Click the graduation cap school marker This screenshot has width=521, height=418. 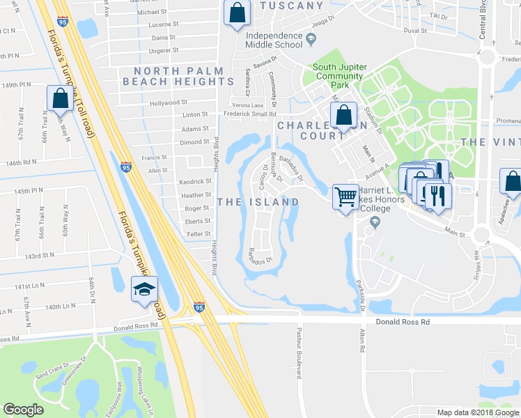pyautogui.click(x=144, y=290)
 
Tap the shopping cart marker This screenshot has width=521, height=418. pyautogui.click(x=345, y=197)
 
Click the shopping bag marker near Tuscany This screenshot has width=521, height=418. pyautogui.click(x=237, y=13)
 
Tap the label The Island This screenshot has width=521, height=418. pyautogui.click(x=258, y=202)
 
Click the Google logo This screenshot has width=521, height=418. pyautogui.click(x=24, y=410)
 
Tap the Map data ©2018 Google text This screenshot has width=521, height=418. pyautogui.click(x=477, y=412)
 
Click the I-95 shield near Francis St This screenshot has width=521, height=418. pyautogui.click(x=125, y=167)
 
